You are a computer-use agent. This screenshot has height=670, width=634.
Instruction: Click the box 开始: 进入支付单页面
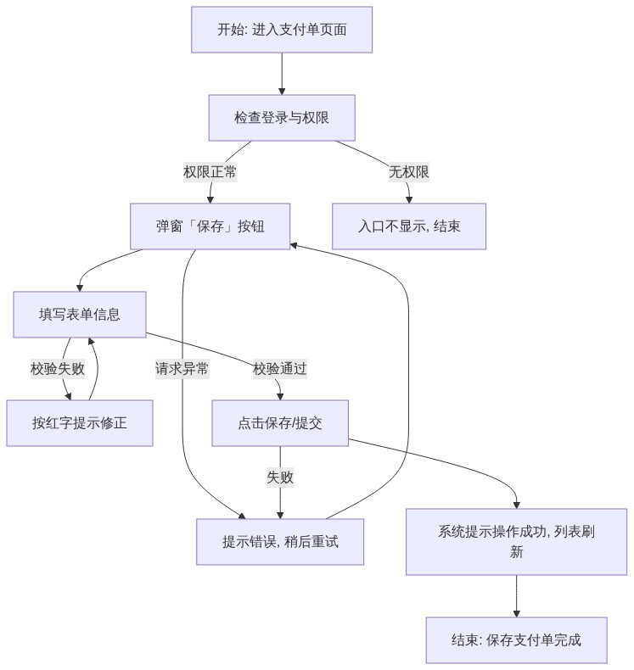[x=282, y=30]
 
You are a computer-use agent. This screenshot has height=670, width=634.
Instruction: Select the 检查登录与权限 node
[x=282, y=118]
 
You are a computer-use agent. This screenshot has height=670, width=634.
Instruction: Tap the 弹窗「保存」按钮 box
[x=210, y=226]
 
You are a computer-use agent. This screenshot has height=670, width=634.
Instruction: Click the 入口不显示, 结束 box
[x=409, y=226]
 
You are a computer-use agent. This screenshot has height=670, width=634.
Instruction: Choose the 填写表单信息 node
[x=80, y=315]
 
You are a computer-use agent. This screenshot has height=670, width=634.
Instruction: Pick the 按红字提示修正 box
[x=80, y=423]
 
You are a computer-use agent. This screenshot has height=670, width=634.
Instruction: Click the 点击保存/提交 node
[x=280, y=423]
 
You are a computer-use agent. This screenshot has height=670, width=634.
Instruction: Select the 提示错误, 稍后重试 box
[x=280, y=542]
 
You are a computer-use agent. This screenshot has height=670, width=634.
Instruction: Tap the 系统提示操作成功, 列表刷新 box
[x=516, y=542]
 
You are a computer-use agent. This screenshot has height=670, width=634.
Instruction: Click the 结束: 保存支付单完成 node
[x=516, y=640]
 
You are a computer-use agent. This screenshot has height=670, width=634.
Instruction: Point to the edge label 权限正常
[x=210, y=172]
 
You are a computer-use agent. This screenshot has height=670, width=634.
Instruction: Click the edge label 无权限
[x=409, y=172]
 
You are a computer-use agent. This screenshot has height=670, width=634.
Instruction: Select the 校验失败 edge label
[x=58, y=369]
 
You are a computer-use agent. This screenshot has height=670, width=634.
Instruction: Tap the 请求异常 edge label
[x=182, y=369]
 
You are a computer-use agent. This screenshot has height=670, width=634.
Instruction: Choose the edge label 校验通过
[x=280, y=369]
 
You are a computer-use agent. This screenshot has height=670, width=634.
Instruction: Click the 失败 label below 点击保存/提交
[x=280, y=477]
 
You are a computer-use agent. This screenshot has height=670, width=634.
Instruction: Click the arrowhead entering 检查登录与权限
[x=282, y=92]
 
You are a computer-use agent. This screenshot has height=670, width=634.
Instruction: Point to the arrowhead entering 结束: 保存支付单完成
[x=516, y=614]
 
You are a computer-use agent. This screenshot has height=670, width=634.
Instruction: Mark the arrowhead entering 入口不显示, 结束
[x=409, y=200]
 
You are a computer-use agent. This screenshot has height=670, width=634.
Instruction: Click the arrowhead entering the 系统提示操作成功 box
[x=516, y=505]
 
